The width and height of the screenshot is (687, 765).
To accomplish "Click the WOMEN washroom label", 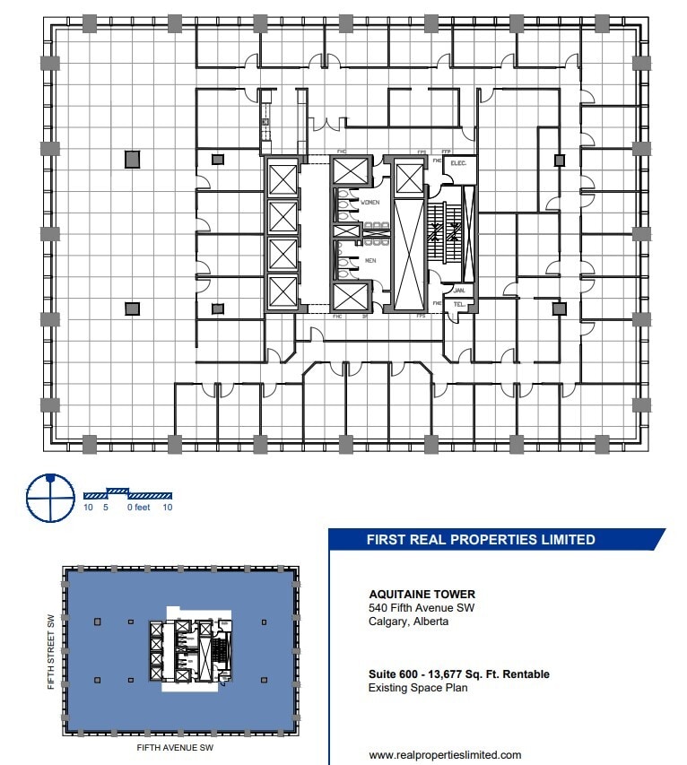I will [370, 203].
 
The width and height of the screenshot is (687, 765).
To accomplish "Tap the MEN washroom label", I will [370, 261].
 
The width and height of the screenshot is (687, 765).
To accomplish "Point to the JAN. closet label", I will [459, 290].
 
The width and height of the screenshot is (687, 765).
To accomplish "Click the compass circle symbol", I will [49, 497].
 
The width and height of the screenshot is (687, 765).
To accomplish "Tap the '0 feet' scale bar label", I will [138, 508].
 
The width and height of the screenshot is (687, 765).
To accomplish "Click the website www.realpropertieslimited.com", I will [445, 755].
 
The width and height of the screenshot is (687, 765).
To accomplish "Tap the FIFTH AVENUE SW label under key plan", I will [175, 747].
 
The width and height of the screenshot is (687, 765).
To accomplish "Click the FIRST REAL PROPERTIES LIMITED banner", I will [481, 540].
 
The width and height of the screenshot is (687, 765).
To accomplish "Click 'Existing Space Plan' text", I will [419, 688].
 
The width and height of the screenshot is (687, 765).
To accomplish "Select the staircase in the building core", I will [446, 232].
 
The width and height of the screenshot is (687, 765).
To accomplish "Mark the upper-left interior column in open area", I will [132, 160].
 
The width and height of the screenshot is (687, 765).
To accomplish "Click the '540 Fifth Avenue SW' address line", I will [422, 608].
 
